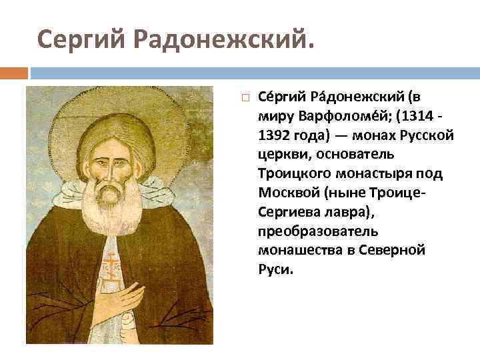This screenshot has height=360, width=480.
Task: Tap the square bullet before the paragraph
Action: pos(245,97)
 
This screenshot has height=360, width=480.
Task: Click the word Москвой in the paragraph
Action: pos(282,193)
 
